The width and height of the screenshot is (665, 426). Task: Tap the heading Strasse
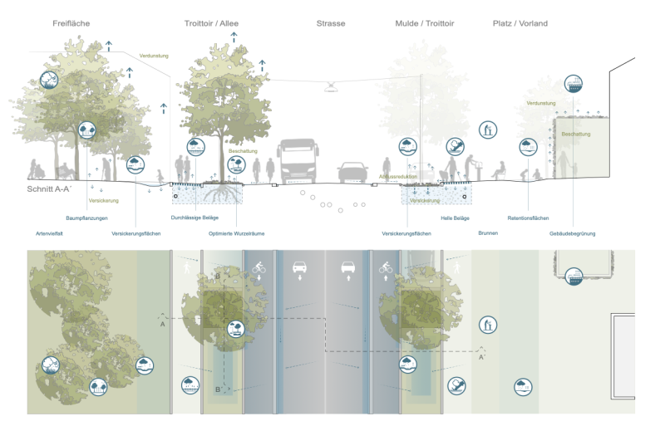pyautogui.click(x=330, y=24)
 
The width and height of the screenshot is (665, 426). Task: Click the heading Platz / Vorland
pyautogui.click(x=520, y=24)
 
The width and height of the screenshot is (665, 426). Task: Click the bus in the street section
pyautogui.click(x=298, y=161)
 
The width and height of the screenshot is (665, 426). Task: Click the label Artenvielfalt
pyautogui.click(x=51, y=233)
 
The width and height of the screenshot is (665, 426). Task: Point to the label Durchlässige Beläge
pyautogui.click(x=195, y=218)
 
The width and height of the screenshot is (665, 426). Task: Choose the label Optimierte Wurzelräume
pyautogui.click(x=237, y=233)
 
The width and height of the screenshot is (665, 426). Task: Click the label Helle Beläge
pyautogui.click(x=455, y=218)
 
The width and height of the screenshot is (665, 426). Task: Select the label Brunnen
pyautogui.click(x=488, y=233)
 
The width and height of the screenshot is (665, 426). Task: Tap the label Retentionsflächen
pyautogui.click(x=528, y=218)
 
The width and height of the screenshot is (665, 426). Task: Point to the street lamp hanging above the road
pyautogui.click(x=332, y=86)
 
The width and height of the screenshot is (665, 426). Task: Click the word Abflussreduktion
pyautogui.click(x=398, y=177)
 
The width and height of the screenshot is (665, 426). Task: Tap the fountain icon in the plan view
pyautogui.click(x=488, y=325)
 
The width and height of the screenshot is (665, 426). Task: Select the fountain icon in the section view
pyautogui.click(x=488, y=130)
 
